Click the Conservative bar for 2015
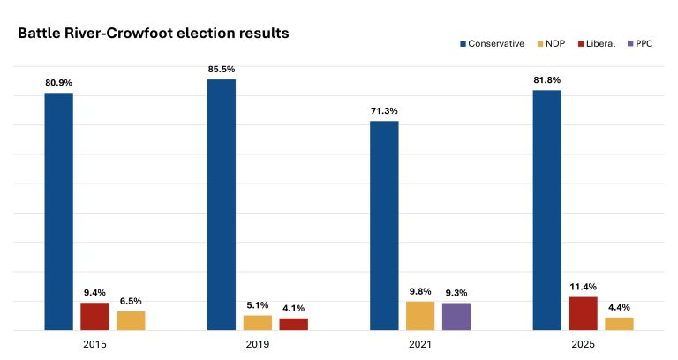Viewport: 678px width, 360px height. [59, 212]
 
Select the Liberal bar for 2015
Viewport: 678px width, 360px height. [94, 317]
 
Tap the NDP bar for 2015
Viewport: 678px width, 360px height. [131, 321]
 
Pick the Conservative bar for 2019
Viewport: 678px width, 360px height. [222, 205]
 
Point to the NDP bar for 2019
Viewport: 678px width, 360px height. [258, 323]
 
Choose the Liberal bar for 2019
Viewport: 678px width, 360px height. [294, 324]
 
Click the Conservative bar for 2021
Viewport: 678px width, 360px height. [384, 226]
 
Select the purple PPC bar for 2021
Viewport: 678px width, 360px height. [456, 317]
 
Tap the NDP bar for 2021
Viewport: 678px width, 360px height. [420, 316]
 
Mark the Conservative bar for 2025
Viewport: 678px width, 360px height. [547, 210]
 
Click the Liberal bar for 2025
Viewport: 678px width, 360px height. [583, 313]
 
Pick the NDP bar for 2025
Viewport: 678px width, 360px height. [619, 324]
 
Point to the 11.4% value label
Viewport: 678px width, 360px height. [583, 285]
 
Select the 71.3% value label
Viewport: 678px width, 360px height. [384, 109]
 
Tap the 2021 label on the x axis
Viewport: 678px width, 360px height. [420, 343]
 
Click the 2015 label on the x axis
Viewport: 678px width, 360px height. [94, 343]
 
